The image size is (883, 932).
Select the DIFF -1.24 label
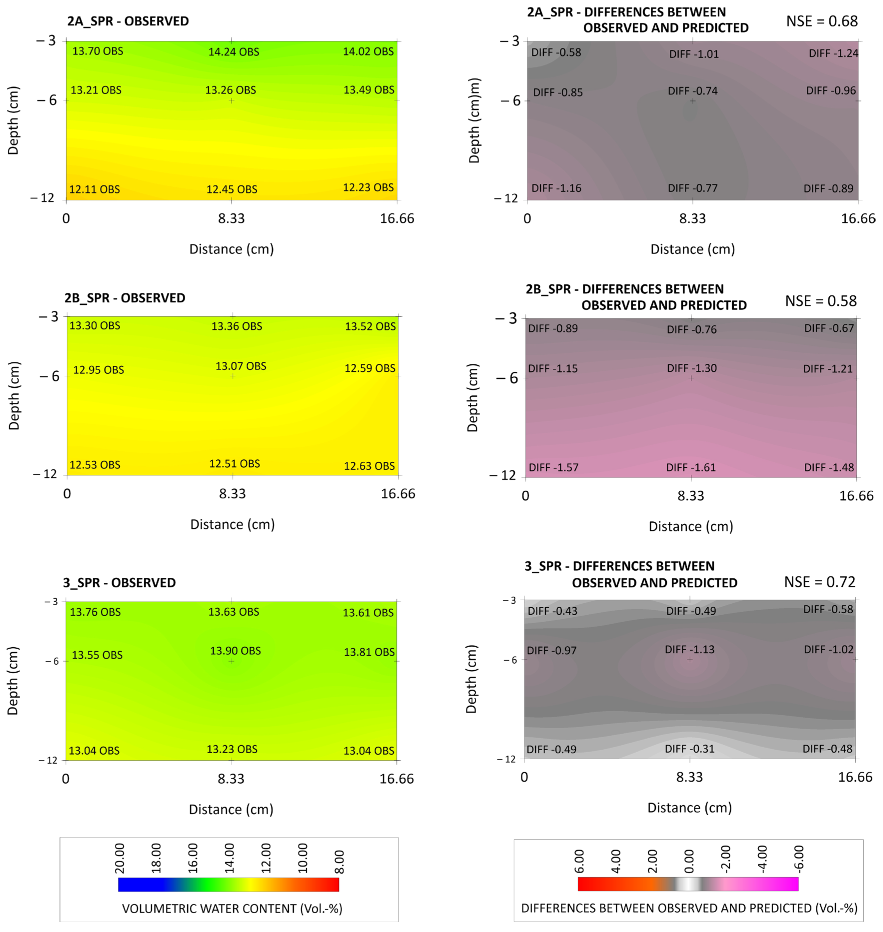point(833,53)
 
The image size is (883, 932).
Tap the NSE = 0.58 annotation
point(820,301)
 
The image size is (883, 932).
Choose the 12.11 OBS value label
point(94,189)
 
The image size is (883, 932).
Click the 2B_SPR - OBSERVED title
point(125,298)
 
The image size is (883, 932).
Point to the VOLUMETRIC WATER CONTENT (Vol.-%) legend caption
point(232,909)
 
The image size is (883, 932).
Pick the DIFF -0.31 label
point(689,749)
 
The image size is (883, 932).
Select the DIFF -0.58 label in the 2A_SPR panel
point(556,52)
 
